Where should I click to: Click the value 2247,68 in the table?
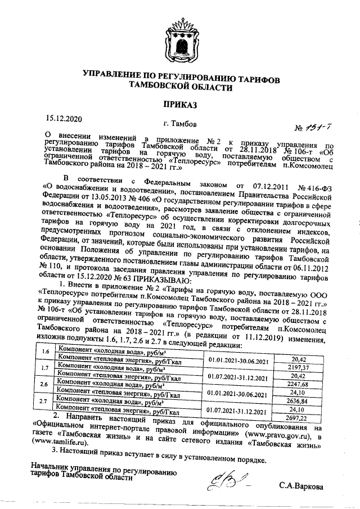coord(305,384)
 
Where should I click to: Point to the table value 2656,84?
coord(305,402)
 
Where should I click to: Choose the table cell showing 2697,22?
coord(305,419)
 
